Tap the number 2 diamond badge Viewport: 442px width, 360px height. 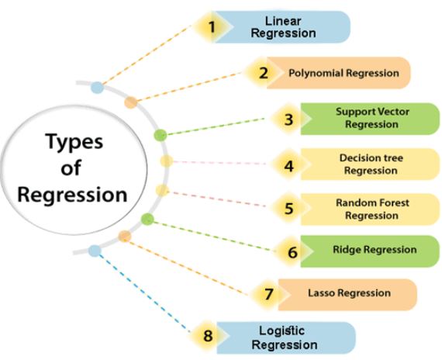tap(263, 74)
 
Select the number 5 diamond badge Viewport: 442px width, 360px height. tap(288, 209)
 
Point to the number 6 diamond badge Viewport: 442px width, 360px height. tap(292, 252)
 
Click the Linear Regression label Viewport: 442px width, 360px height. tap(290, 27)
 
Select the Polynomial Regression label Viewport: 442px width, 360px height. tap(344, 74)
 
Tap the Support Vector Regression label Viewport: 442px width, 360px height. tap(372, 118)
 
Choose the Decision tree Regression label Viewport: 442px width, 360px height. tap(371, 164)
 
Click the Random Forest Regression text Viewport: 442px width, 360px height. tap(372, 209)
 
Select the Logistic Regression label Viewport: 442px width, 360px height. tap(288, 337)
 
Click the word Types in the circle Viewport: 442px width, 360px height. tap(74, 142)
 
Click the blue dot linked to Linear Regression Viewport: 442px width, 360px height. tap(96, 88)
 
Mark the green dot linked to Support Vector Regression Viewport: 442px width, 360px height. tap(161, 135)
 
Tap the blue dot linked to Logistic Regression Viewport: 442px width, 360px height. tap(95, 251)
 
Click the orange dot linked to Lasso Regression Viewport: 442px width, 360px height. tap(125, 235)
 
